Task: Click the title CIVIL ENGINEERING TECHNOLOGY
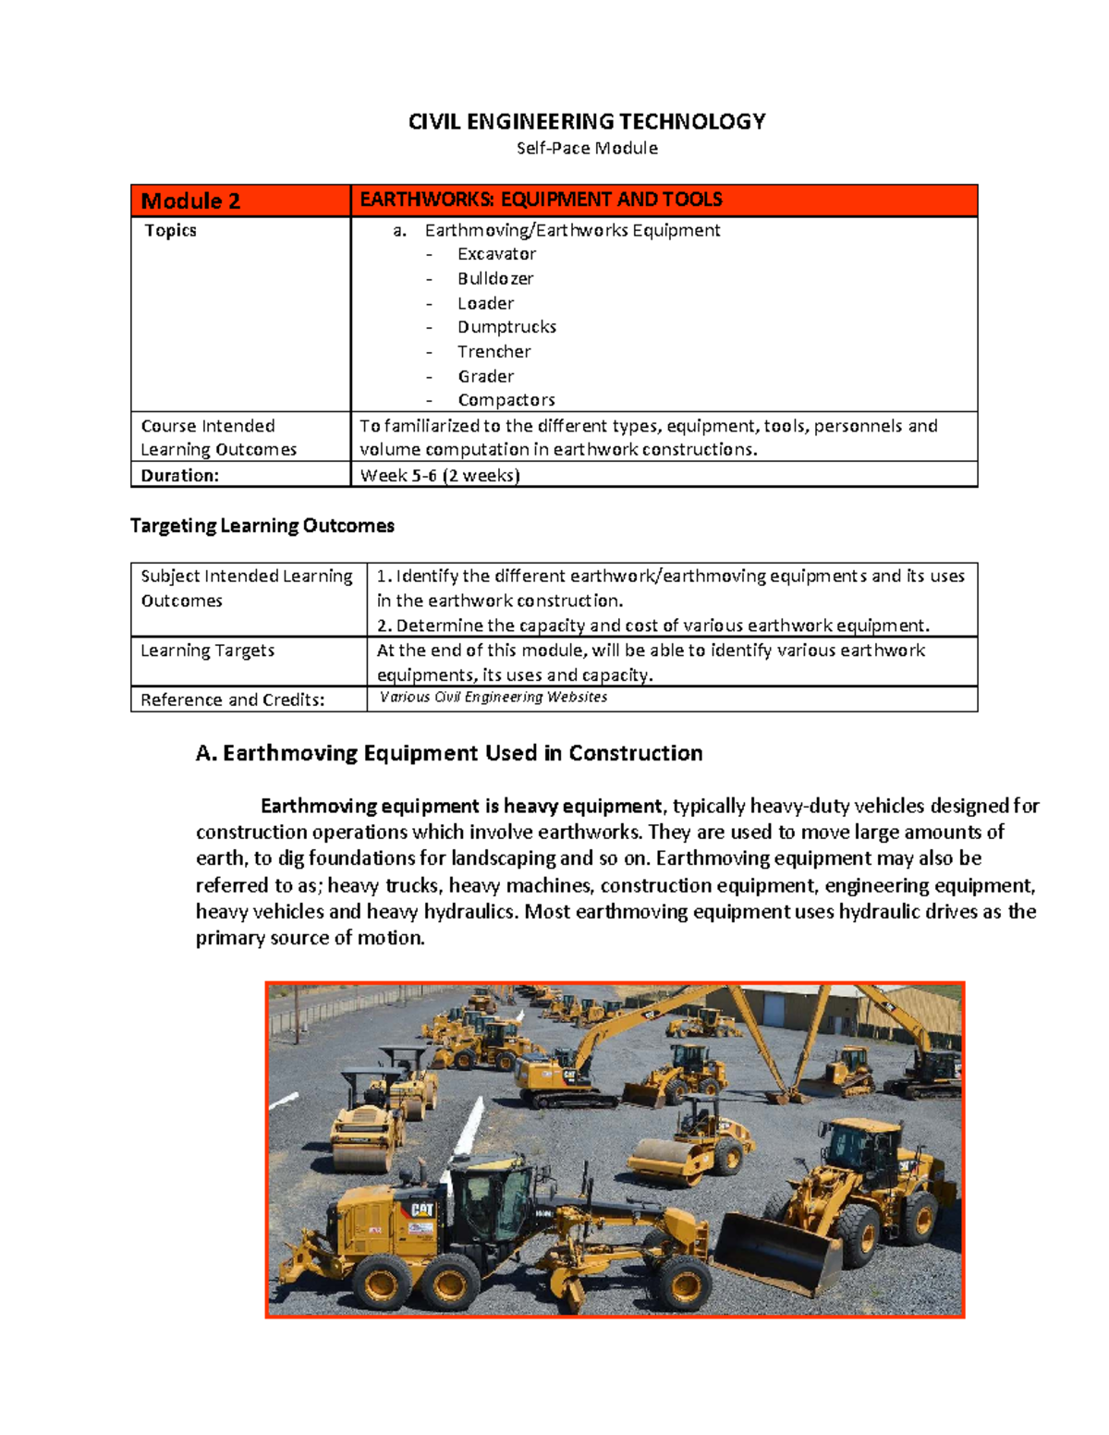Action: [x=587, y=122]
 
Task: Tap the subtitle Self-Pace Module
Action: [x=587, y=148]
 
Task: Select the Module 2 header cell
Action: [x=190, y=201]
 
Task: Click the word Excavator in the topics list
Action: [x=496, y=254]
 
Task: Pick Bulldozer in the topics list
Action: [x=495, y=278]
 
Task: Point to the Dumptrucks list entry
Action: [x=506, y=327]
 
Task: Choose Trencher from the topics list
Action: [x=494, y=351]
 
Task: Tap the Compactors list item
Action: [x=506, y=400]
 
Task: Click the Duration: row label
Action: [x=180, y=475]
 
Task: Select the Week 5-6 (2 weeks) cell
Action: [x=440, y=475]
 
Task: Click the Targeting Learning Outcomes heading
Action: [x=262, y=526]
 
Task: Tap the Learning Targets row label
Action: [x=208, y=651]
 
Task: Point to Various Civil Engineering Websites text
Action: [x=494, y=698]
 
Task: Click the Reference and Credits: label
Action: [x=233, y=699]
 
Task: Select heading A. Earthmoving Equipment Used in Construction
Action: [x=449, y=753]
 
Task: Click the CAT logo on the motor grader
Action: [x=421, y=1210]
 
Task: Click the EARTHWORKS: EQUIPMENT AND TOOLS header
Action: [x=541, y=200]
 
